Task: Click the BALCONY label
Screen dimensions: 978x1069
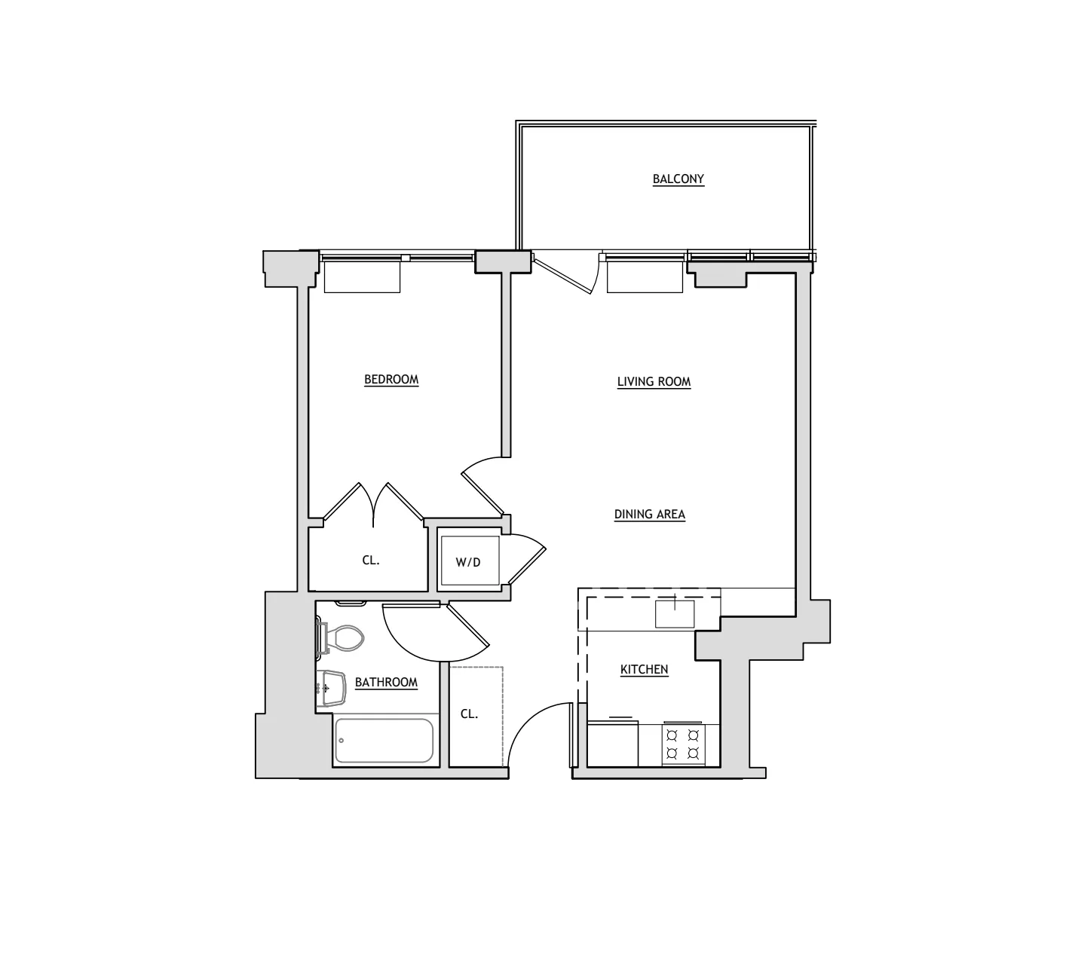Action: point(678,179)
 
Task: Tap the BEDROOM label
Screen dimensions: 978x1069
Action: point(391,380)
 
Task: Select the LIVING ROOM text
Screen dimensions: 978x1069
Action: point(654,382)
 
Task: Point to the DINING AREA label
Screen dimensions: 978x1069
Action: point(649,515)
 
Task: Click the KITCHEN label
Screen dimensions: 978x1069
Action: point(644,670)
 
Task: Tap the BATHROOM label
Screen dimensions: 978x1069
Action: point(386,683)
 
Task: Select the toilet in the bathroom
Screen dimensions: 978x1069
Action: point(343,637)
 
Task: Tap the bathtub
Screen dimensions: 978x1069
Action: point(384,741)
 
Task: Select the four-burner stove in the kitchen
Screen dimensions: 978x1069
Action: point(683,744)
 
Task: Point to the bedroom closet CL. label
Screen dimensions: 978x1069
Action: point(370,561)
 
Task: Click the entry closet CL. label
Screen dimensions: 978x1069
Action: point(469,714)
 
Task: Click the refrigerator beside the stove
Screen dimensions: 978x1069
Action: point(612,744)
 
